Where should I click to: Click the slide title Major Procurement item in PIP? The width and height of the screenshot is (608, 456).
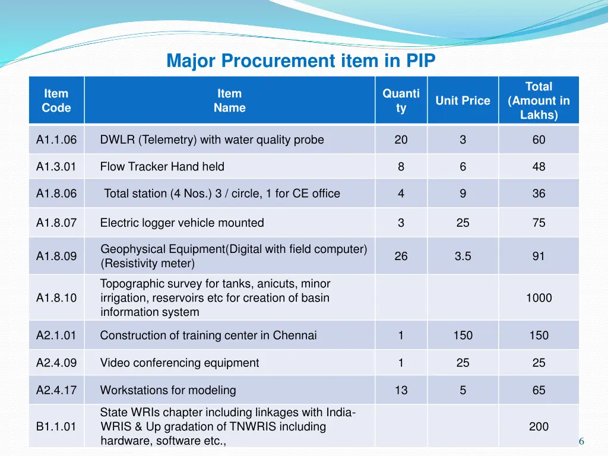pyautogui.click(x=301, y=61)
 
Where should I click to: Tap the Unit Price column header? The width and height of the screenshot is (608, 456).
pyautogui.click(x=463, y=100)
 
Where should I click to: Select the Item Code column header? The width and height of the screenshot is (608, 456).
pyautogui.click(x=56, y=100)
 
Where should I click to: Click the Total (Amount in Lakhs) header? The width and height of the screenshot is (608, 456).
pyautogui.click(x=539, y=100)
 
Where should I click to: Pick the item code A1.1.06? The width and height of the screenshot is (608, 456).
pyautogui.click(x=56, y=140)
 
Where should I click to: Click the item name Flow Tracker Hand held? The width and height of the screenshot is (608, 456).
pyautogui.click(x=162, y=167)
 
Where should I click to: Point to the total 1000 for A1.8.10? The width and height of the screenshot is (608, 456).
pyautogui.click(x=539, y=298)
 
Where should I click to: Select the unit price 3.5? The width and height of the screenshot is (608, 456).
pyautogui.click(x=463, y=256)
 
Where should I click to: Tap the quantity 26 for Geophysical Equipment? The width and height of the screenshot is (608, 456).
pyautogui.click(x=401, y=256)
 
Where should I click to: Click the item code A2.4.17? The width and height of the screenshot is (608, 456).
pyautogui.click(x=56, y=391)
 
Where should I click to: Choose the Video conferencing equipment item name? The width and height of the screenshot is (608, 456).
pyautogui.click(x=179, y=363)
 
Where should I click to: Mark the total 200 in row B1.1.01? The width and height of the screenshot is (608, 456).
pyautogui.click(x=539, y=426)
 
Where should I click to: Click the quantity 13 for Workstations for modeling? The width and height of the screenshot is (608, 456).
pyautogui.click(x=401, y=391)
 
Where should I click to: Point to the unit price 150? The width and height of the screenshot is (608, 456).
pyautogui.click(x=463, y=335)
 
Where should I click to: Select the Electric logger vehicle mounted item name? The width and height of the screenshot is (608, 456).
pyautogui.click(x=182, y=223)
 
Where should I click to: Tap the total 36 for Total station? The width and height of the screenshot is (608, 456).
pyautogui.click(x=539, y=194)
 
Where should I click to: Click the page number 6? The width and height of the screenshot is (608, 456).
pyautogui.click(x=581, y=441)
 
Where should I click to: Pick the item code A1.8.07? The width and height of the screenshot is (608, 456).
pyautogui.click(x=56, y=223)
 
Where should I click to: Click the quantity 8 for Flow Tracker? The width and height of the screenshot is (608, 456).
pyautogui.click(x=401, y=167)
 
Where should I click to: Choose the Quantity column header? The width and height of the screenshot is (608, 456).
pyautogui.click(x=401, y=100)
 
